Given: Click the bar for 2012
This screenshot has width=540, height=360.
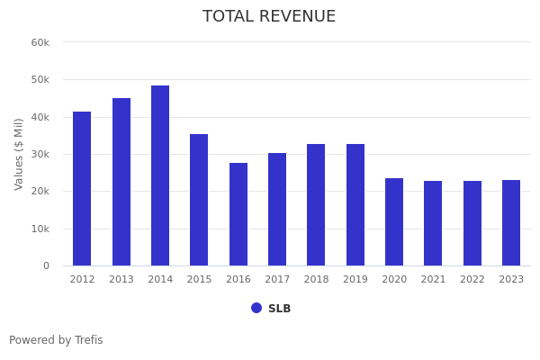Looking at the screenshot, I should click(x=82, y=188).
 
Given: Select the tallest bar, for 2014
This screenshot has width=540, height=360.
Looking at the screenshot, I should click(x=160, y=175).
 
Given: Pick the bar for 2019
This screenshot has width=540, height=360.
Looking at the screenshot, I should click(x=355, y=204).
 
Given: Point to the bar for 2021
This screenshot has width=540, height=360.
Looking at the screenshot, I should click(x=433, y=223).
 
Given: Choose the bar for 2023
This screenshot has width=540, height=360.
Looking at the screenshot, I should click(x=511, y=222).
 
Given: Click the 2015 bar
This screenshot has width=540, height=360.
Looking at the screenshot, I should click(x=199, y=200).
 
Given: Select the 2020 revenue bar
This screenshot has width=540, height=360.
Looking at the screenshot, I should click(x=394, y=221).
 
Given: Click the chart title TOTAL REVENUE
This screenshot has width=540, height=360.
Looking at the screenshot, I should click(x=269, y=17).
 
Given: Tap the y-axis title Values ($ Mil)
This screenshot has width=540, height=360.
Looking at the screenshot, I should click(x=19, y=153).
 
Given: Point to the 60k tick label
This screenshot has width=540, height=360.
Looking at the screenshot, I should click(x=40, y=42).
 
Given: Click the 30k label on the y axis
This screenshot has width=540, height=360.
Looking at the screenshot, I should click(x=40, y=154).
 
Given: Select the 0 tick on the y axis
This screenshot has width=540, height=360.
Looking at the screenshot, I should click(x=46, y=265).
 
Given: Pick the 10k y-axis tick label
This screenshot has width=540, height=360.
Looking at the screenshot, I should click(x=40, y=229).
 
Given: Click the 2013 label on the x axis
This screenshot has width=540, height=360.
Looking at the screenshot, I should click(x=121, y=279).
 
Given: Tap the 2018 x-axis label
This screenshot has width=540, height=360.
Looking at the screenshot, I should click(x=316, y=279).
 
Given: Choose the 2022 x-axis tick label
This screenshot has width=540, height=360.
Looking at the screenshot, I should click(x=472, y=279).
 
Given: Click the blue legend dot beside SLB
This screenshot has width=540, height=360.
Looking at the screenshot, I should click(x=256, y=308).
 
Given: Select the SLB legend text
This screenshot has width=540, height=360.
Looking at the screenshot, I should click(x=279, y=309).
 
